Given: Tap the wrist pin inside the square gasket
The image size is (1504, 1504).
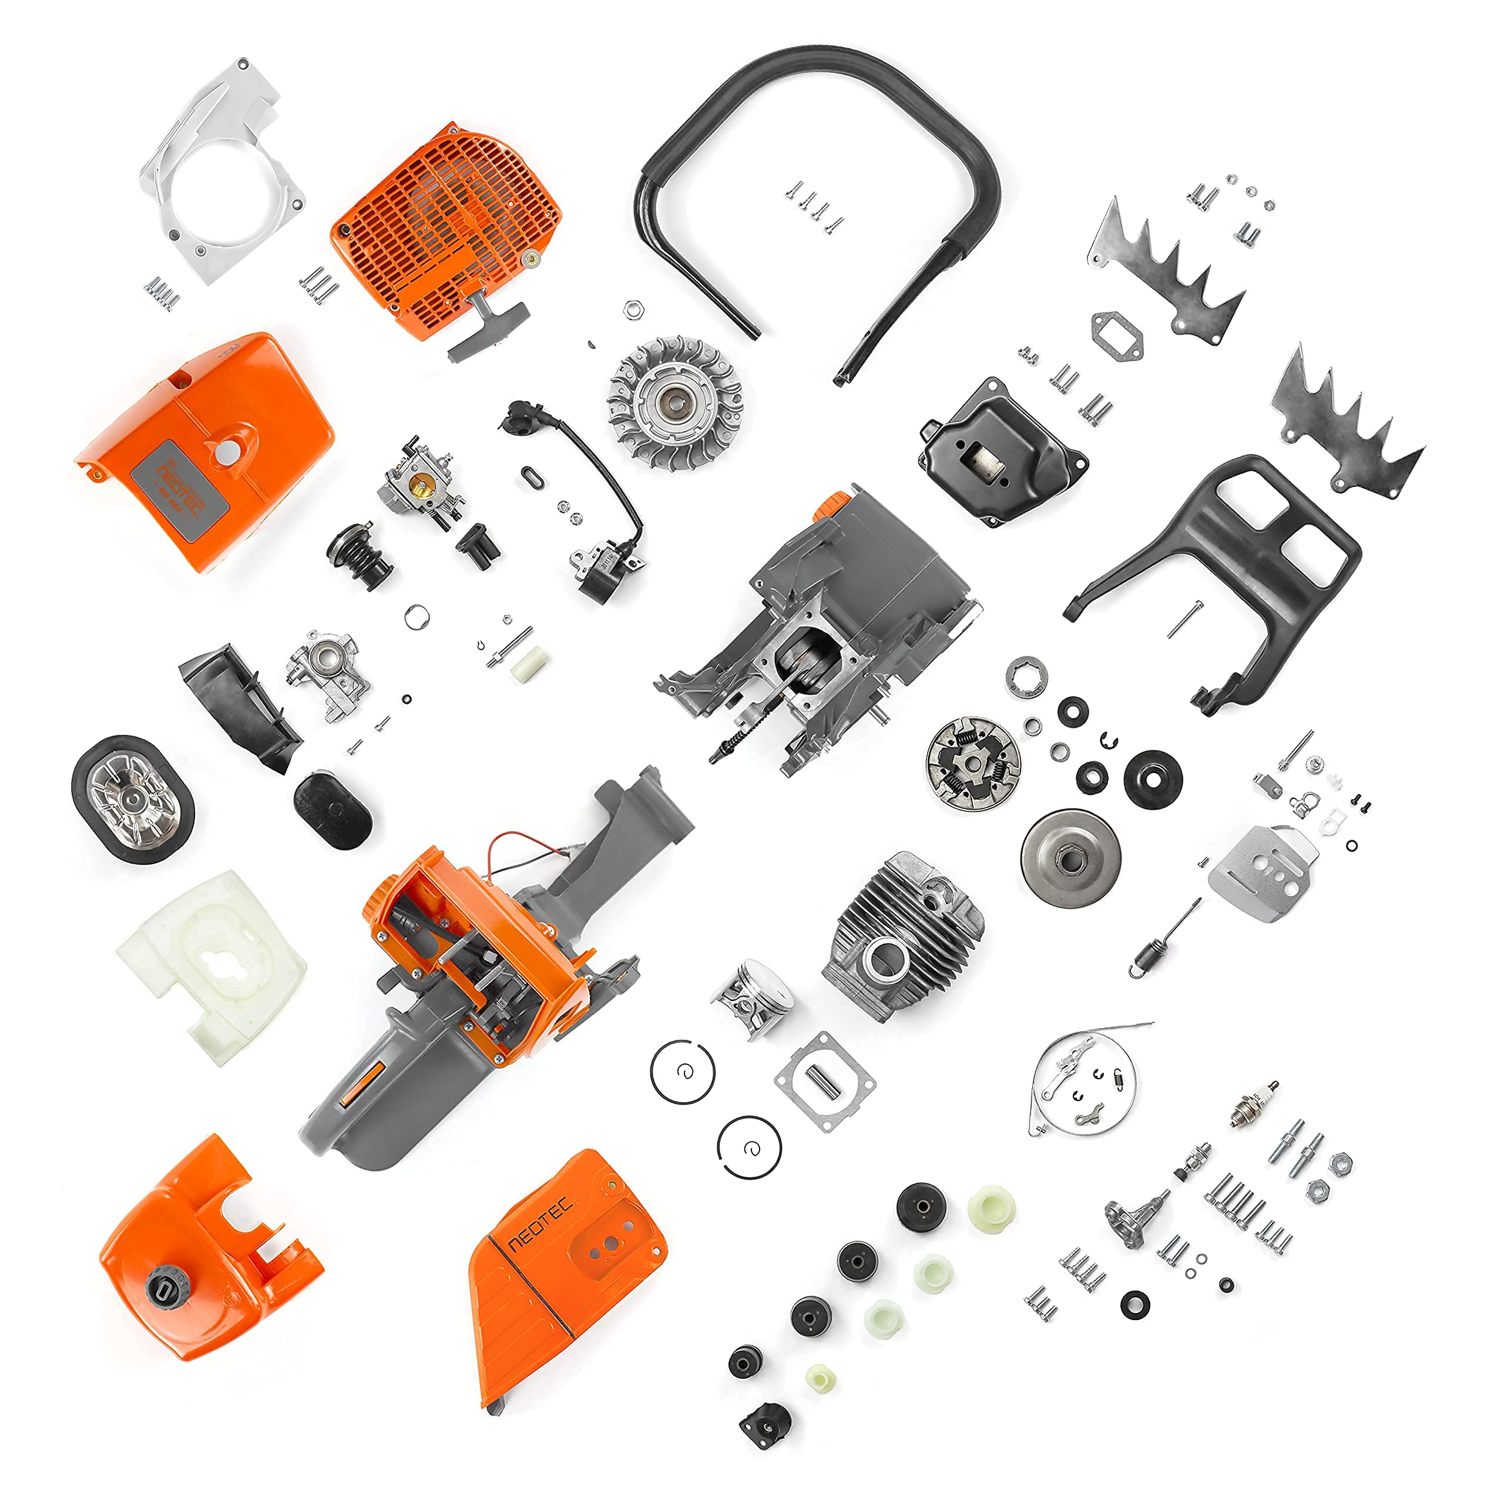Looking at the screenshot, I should tap(821, 1082).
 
